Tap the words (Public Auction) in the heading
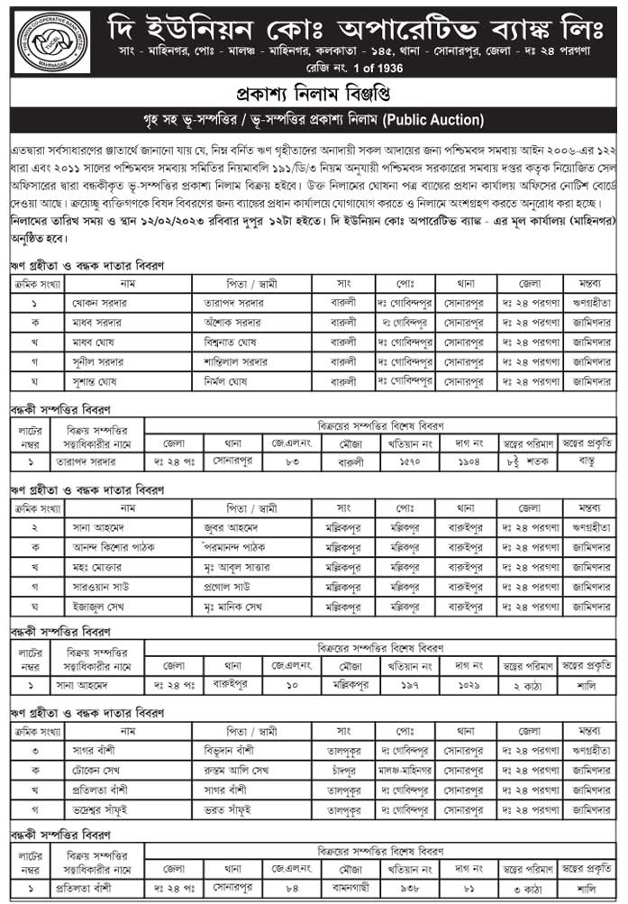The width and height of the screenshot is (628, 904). click(x=432, y=121)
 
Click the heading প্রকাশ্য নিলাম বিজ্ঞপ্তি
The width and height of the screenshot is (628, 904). click(x=313, y=95)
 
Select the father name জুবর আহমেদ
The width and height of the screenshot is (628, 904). click(x=236, y=528)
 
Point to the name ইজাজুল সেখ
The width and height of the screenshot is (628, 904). click(x=97, y=607)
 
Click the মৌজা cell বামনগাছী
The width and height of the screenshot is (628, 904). click(x=346, y=888)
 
